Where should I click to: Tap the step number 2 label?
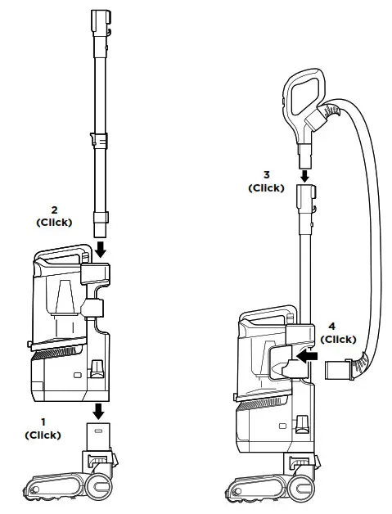(x=54, y=210)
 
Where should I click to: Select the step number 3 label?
(x=266, y=175)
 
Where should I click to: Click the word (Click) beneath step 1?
(x=43, y=435)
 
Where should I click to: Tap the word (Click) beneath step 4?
(x=338, y=340)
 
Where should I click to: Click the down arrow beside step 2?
(x=99, y=246)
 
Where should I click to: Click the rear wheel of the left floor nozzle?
(x=102, y=481)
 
